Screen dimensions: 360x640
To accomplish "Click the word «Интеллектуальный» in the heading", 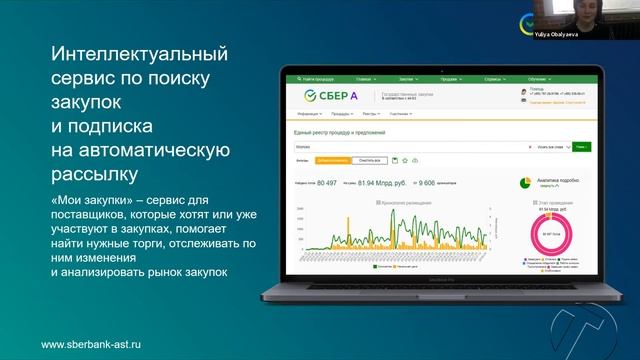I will (139, 53).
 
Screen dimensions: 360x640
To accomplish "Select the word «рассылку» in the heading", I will (93, 176).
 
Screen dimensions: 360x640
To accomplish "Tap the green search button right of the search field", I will (581, 146).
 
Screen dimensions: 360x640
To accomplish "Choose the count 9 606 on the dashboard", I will (426, 183).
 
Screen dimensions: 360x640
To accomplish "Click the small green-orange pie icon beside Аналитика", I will (525, 183).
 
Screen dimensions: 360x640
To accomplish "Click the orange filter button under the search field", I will (332, 160).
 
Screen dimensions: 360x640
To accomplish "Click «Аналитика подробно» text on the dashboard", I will (560, 180).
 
